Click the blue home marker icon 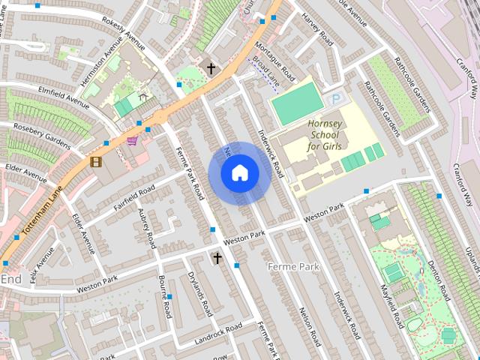tap(239, 173)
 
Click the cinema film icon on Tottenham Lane tap(95, 160)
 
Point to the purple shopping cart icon tap(132, 140)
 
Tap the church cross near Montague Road tap(211, 69)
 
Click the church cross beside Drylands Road tap(217, 258)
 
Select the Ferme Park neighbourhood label tap(294, 267)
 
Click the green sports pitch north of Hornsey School tap(296, 103)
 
